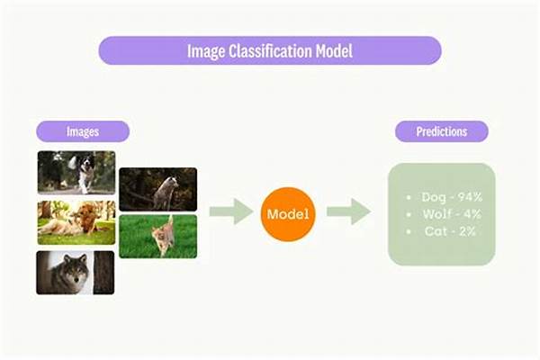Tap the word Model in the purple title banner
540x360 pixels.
328,51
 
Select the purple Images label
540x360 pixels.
83,131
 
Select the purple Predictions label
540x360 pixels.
442,131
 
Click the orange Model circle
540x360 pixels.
288,214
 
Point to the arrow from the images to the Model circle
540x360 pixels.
230,213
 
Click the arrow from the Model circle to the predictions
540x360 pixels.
347,213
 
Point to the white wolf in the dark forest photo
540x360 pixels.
165,191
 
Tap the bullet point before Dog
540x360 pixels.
409,196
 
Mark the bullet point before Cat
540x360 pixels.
409,232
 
